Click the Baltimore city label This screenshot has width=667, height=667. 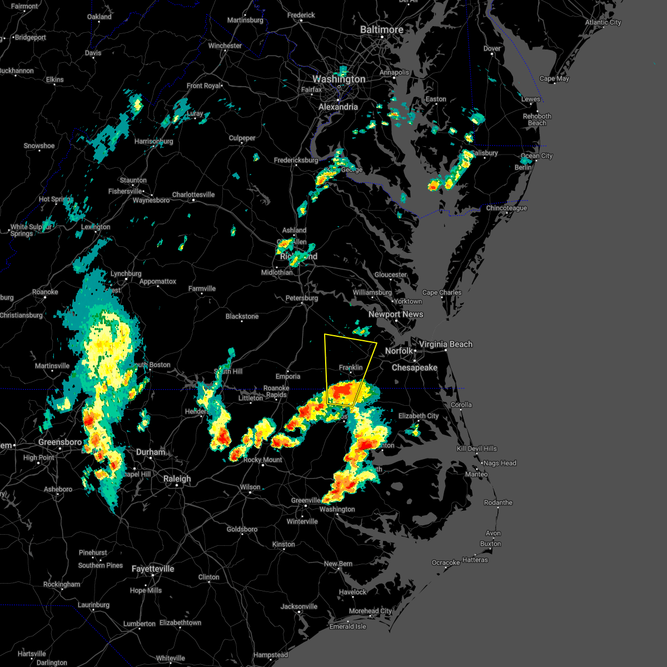(x=381, y=29)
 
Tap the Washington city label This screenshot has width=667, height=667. (x=339, y=79)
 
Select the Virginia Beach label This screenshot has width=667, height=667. (x=446, y=345)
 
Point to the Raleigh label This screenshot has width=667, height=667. (x=177, y=479)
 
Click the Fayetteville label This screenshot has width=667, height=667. (x=153, y=569)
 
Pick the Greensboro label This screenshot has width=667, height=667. (x=60, y=442)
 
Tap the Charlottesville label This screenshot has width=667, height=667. (x=193, y=195)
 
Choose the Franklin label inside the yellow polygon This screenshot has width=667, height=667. (x=351, y=367)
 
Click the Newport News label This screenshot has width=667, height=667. (x=396, y=315)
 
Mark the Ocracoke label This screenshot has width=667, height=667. (x=446, y=563)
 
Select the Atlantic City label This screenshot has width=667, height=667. (x=603, y=23)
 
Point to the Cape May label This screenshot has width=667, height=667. (x=554, y=79)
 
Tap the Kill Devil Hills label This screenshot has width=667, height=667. (x=477, y=449)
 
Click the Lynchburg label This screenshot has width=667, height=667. (x=126, y=274)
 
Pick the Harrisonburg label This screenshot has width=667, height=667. (x=154, y=142)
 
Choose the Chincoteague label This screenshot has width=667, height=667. (x=506, y=208)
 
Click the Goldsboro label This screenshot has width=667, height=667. (x=242, y=530)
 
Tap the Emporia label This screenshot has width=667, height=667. (x=288, y=376)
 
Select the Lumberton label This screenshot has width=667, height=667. (x=139, y=624)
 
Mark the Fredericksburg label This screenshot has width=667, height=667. (x=296, y=161)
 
